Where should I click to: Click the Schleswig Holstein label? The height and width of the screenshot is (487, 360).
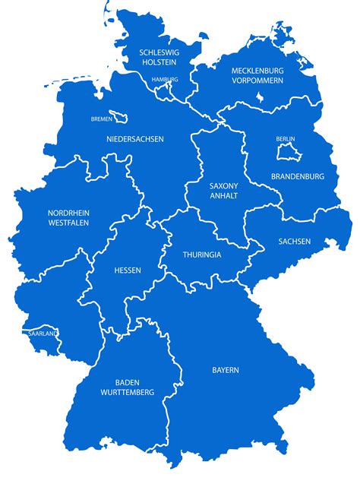coord(158,56)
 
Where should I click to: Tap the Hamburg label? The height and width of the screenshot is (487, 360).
coord(165,80)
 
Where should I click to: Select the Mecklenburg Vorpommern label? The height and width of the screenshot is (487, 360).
coord(257,74)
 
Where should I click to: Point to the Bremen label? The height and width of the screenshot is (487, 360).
coord(101,119)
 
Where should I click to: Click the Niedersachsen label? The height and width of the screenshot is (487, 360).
coord(135,139)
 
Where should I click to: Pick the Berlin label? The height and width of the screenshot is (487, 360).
coord(286,139)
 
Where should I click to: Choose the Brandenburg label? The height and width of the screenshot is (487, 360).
coord(298,176)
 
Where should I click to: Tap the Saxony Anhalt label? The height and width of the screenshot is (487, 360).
coord(224,191)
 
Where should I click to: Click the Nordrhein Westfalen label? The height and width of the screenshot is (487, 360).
coord(68,218)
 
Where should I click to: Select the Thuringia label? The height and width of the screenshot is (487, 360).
coord(202,255)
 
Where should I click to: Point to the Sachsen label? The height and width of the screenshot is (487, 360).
coord(294,241)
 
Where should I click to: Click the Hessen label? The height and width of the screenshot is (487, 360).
coord(127,270)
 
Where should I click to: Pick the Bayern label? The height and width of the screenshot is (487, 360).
coord(226,370)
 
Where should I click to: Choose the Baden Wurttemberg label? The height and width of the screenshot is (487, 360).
coord(127,387)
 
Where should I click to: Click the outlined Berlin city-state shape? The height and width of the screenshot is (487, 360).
coord(286,153)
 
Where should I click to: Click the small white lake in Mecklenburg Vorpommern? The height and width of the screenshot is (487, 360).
coord(259,97)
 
